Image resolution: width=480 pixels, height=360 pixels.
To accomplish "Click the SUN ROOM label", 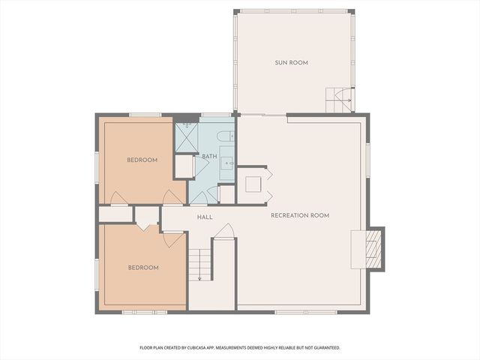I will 292,62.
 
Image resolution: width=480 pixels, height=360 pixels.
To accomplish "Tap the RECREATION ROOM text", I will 300,215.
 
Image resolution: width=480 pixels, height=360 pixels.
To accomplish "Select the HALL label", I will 205,217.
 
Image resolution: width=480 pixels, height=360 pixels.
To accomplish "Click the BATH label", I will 209,156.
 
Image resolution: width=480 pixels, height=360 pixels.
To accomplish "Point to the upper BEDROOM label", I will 142,160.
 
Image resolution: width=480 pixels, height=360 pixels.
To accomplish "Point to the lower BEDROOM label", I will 142,268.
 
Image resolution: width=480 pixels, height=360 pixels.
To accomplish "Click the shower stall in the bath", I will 186,137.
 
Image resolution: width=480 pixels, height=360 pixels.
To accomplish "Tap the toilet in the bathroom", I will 225,136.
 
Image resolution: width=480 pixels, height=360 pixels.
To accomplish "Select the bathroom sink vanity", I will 226,164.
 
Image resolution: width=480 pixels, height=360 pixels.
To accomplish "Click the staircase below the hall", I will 200,265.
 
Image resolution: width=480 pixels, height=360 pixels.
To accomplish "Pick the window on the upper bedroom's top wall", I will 145,115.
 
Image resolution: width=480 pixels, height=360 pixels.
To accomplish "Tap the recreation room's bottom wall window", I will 300,311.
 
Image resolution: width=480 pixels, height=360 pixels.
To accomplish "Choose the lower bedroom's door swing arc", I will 173,239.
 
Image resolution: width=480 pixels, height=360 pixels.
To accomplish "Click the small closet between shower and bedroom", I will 184,166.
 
